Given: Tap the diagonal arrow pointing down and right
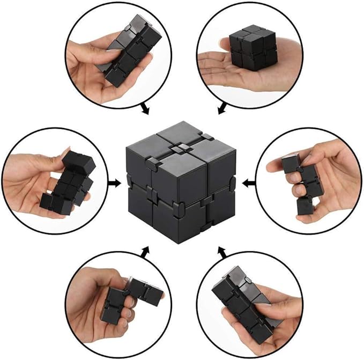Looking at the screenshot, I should coord(144,109).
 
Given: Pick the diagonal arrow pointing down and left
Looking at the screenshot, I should coord(221,109).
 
